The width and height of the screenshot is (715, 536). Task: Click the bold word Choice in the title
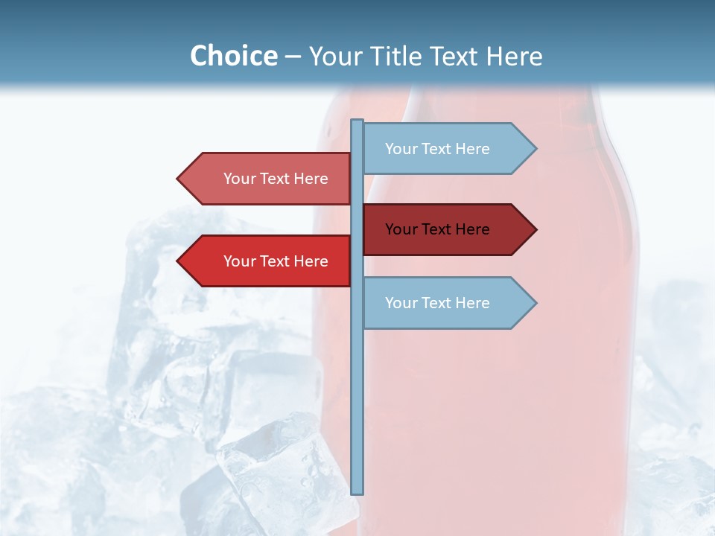(x=233, y=56)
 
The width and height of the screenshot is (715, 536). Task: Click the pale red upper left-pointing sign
(x=268, y=179)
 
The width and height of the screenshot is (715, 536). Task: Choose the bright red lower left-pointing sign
(x=268, y=261)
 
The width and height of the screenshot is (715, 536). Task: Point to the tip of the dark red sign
(x=535, y=229)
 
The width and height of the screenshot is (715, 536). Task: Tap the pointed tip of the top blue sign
(x=535, y=149)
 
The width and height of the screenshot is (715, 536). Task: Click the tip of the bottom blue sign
(x=535, y=303)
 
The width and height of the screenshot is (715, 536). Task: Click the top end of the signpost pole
(x=357, y=121)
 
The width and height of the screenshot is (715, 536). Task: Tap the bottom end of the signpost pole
(x=357, y=492)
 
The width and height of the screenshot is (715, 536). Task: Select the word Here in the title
(x=514, y=56)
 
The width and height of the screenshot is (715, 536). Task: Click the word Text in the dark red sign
(x=438, y=229)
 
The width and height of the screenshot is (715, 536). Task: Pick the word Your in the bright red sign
(x=239, y=261)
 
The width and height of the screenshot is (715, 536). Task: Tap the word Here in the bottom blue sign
(x=472, y=303)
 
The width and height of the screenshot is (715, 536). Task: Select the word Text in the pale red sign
(x=276, y=179)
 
